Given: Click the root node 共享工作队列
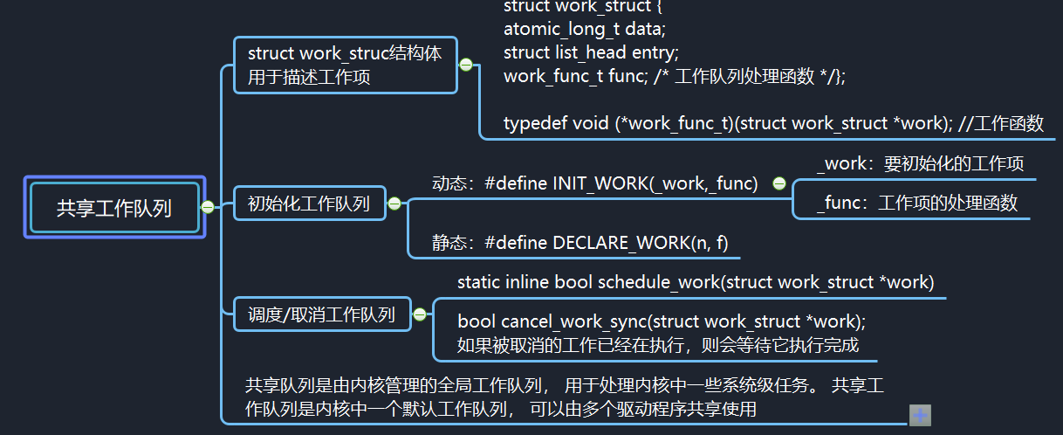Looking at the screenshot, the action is click(x=114, y=208).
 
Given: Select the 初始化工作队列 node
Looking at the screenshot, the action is click(x=309, y=204).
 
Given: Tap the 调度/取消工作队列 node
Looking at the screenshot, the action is click(x=322, y=314).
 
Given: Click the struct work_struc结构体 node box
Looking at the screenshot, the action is click(x=345, y=66).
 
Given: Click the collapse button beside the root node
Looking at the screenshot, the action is click(x=208, y=207).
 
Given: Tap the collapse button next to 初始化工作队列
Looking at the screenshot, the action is click(x=394, y=204).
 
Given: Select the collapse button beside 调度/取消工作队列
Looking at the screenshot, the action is click(x=419, y=314).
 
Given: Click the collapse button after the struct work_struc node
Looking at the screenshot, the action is click(x=466, y=65).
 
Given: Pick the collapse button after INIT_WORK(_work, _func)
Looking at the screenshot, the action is click(x=779, y=183).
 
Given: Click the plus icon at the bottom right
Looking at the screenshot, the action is click(x=920, y=416).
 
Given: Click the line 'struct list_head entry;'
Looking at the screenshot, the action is click(x=591, y=52).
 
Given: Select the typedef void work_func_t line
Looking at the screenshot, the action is click(x=773, y=123).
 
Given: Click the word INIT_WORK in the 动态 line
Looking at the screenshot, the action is click(x=599, y=183).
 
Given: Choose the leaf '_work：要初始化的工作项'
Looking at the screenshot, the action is click(x=920, y=163).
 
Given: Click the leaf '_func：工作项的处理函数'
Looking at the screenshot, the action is click(x=916, y=204).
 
